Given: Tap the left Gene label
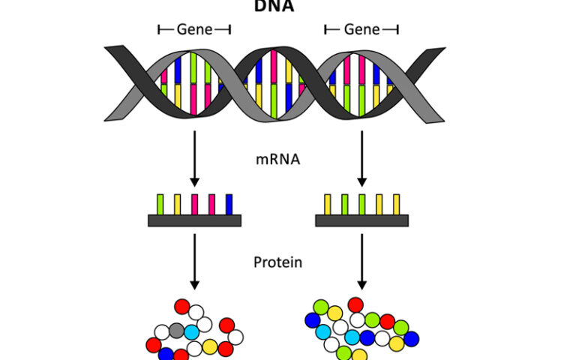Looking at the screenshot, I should click(x=194, y=29).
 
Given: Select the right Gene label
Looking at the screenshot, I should click(x=361, y=29).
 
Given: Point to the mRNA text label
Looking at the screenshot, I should click(x=277, y=159).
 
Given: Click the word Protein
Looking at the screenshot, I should click(x=277, y=262).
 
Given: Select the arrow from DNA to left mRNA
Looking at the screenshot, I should click(x=195, y=157).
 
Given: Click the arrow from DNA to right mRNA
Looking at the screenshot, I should click(x=362, y=157).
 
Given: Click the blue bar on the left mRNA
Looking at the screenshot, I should click(x=229, y=204).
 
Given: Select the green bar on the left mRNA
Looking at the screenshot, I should click(x=160, y=204).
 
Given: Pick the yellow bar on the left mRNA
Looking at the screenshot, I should click(x=178, y=204).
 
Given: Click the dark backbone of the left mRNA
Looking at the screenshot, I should click(x=195, y=220).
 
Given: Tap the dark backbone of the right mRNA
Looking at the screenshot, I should click(x=362, y=220).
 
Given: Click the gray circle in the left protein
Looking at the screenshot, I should click(x=177, y=331).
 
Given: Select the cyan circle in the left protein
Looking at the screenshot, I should click(x=192, y=331).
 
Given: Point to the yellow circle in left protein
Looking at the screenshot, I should click(x=211, y=346).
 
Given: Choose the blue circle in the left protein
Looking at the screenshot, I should click(x=166, y=353).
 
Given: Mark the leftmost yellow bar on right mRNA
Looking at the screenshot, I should click(x=328, y=204).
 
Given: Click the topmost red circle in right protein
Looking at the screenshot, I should click(x=355, y=304).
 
